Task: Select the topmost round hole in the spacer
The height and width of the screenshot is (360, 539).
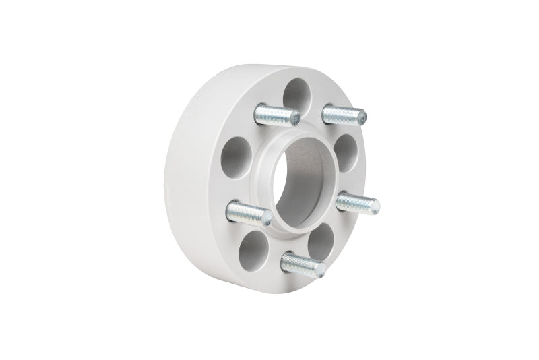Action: (296, 95)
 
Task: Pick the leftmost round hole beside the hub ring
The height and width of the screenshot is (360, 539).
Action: (236, 157)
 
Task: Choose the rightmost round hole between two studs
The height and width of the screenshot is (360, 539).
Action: (345, 153)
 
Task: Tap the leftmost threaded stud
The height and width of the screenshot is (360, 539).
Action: (249, 213)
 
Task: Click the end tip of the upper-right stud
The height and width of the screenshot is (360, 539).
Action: (362, 117)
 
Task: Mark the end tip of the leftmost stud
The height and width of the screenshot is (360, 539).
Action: (267, 218)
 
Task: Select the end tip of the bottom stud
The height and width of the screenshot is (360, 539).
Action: (321, 270)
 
